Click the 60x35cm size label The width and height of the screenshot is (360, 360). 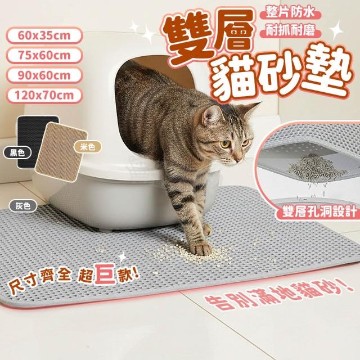click(44, 35)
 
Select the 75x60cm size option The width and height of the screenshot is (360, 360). click(44, 56)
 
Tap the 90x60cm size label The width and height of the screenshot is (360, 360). click(44, 75)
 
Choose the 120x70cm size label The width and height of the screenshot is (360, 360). click(44, 96)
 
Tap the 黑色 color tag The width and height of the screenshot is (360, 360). click(17, 152)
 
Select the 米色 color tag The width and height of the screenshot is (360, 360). click(88, 147)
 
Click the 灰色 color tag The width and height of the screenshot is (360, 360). click(23, 206)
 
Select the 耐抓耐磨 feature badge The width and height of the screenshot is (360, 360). click(290, 31)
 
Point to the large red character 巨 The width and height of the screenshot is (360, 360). click(105, 274)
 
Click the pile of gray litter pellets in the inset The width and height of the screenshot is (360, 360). click(316, 168)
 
